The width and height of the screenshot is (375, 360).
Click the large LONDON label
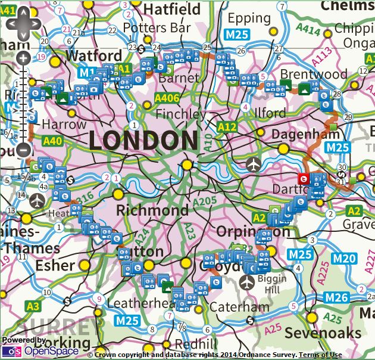pyautogui.click(x=143, y=141)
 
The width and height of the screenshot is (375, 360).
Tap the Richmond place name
pyautogui.click(x=152, y=210)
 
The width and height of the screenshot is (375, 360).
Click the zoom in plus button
pyautogui.click(x=23, y=58)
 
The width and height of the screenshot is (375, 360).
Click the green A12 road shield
pyautogui.click(x=227, y=127)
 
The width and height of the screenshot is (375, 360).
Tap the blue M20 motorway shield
pyautogui.click(x=345, y=258)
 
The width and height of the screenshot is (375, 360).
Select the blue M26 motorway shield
pyautogui.click(x=335, y=297)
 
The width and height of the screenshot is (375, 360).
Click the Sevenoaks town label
pyautogui.click(x=331, y=332)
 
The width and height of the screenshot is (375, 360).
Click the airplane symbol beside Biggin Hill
pyautogui.click(x=248, y=280)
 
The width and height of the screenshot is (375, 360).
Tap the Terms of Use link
pyautogui.click(x=320, y=355)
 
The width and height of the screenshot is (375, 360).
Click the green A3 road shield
pyautogui.click(x=33, y=306)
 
